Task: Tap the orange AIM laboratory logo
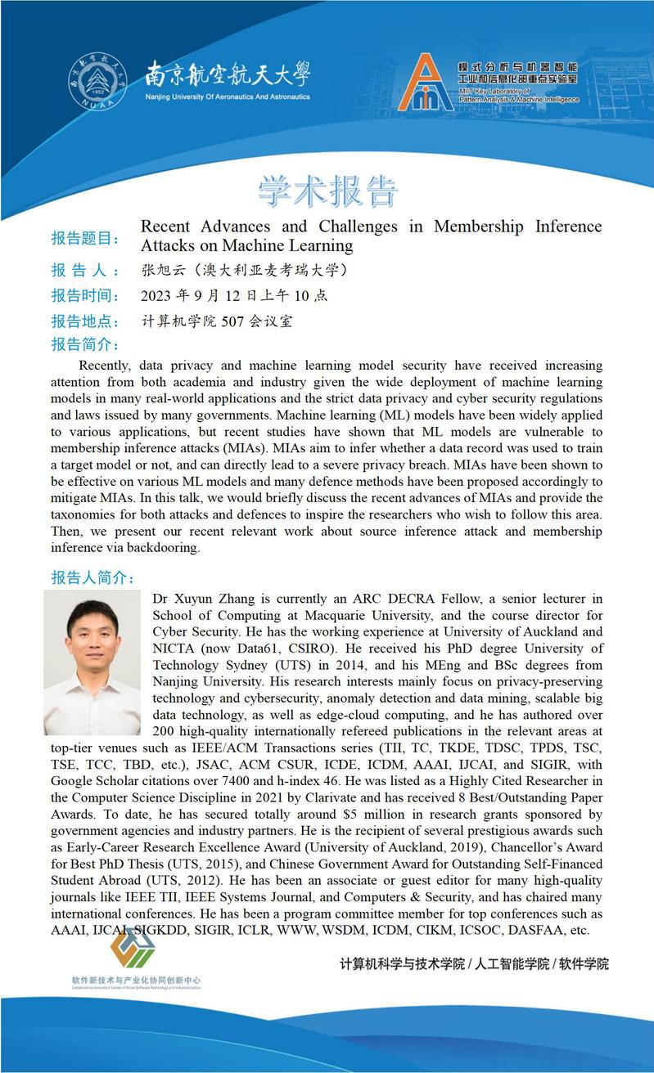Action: pyautogui.click(x=425, y=83)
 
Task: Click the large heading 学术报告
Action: pyautogui.click(x=327, y=191)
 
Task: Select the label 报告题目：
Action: pyautogui.click(x=85, y=238)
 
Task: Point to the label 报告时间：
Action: pyautogui.click(x=85, y=295)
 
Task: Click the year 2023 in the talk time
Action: pyautogui.click(x=158, y=295)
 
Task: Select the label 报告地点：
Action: pyautogui.click(x=85, y=321)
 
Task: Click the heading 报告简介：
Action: pyautogui.click(x=85, y=343)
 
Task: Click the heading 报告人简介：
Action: pyautogui.click(x=92, y=577)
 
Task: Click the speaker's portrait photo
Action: pyautogui.click(x=92, y=662)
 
